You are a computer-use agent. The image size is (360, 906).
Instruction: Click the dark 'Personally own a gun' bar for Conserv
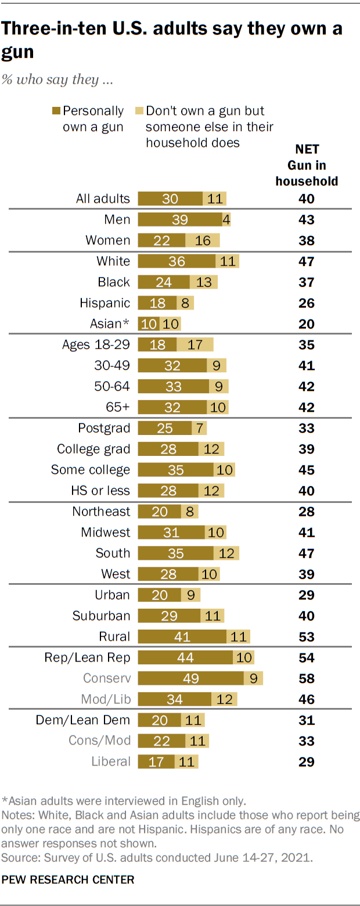pos(190,678)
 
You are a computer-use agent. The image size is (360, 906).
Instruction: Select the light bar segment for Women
pos(203,240)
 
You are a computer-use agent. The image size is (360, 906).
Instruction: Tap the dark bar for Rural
pos(182,637)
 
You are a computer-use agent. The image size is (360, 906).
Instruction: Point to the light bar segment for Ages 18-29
pos(195,344)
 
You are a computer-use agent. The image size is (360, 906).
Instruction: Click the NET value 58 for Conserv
pos(306,678)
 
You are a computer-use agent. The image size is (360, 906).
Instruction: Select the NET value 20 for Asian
pos(306,323)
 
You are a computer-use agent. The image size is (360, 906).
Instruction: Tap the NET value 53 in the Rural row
pos(306,637)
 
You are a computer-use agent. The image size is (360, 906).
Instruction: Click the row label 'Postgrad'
pos(104,428)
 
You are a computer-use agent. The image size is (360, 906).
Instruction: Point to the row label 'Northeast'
pos(101,511)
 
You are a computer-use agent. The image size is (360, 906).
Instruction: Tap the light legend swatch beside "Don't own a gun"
pos(139,110)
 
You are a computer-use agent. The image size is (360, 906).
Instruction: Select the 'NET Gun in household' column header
pos(306,165)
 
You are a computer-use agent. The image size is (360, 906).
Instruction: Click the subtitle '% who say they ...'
pos(57,80)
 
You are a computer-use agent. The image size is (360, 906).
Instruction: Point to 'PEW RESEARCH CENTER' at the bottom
pos(68,879)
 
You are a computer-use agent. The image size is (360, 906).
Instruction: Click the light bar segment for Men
pos(226,219)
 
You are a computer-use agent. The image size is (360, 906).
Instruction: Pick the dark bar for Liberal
pos(156,761)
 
